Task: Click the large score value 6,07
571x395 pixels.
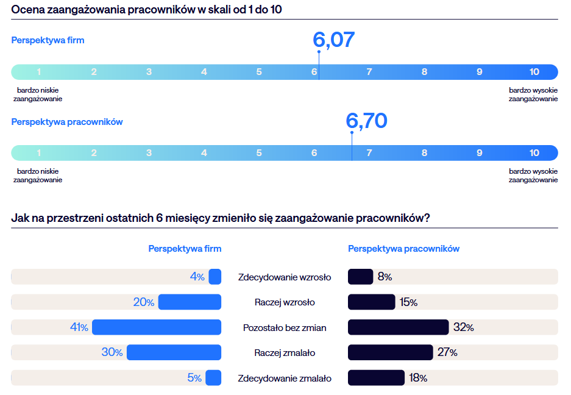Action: tap(333, 40)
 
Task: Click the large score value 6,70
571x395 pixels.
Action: tap(366, 121)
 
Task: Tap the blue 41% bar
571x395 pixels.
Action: tap(157, 327)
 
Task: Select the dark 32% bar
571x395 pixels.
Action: tap(398, 327)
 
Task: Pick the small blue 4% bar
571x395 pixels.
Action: tap(215, 277)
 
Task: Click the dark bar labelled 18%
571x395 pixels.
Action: tap(376, 378)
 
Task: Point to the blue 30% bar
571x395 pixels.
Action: tap(174, 352)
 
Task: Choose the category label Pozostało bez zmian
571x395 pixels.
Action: tap(285, 328)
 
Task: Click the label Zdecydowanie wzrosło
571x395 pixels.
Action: tap(285, 277)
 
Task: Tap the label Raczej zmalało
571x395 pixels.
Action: tap(285, 353)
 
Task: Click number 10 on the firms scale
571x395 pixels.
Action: tap(534, 72)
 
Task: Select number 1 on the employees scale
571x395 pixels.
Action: tap(39, 153)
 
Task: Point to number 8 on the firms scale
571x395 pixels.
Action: tap(424, 72)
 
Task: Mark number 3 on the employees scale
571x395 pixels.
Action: tap(149, 153)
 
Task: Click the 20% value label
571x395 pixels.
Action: tap(144, 302)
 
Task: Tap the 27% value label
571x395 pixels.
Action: tap(447, 352)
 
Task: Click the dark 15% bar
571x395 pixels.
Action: tap(372, 302)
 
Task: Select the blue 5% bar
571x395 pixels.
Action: tap(213, 378)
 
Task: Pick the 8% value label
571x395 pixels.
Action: tap(385, 277)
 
